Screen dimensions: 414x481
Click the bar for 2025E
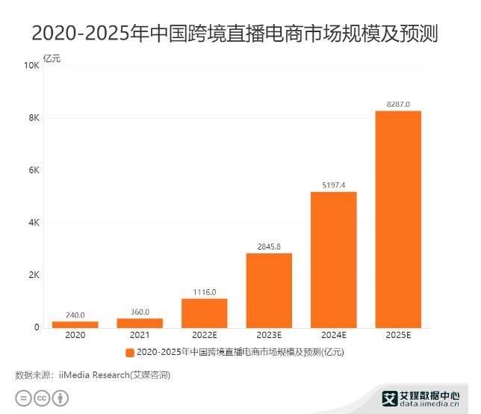point(398,219)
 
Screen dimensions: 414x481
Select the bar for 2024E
point(333,259)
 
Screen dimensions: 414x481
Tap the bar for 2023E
point(269,290)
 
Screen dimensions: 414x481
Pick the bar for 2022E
point(204,313)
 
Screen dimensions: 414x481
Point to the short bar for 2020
point(75,324)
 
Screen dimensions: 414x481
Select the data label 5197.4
point(333,185)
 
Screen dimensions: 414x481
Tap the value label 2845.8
point(269,246)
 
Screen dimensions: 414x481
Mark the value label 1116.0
point(204,291)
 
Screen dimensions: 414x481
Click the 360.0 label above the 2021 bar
point(140,312)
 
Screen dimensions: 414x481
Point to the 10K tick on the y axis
point(31,66)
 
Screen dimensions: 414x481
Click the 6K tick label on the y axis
point(34,170)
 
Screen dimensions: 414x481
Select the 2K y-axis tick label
point(34,275)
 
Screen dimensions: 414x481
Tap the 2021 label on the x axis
point(140,336)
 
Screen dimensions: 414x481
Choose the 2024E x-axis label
point(333,336)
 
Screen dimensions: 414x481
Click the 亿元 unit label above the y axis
point(52,58)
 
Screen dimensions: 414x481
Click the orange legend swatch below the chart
point(130,352)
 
